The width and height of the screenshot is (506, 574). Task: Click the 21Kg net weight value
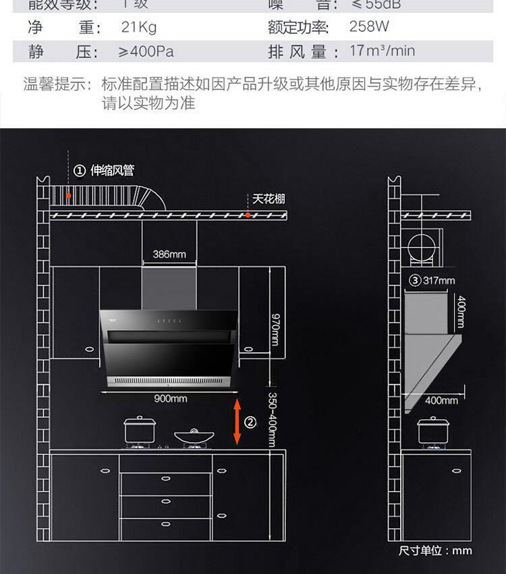[x=138, y=28]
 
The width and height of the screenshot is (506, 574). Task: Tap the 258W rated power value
[x=369, y=27]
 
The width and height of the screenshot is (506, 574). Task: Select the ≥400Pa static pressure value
[x=146, y=52]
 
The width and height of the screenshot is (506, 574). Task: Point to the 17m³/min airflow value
[x=382, y=51]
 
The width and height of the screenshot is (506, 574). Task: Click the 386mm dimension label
[x=169, y=255]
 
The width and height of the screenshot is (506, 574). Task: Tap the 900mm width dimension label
[x=170, y=398]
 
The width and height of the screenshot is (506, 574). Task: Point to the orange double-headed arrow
[x=237, y=422]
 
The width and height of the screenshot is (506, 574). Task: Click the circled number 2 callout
[x=250, y=423]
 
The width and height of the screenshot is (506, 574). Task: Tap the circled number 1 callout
[x=79, y=170]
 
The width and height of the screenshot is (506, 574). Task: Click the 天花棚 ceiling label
[x=269, y=199]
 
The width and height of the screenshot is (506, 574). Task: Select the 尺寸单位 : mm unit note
[x=435, y=550]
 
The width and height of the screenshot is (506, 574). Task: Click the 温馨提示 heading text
[x=57, y=84]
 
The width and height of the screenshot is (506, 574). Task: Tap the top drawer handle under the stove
[x=166, y=478]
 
